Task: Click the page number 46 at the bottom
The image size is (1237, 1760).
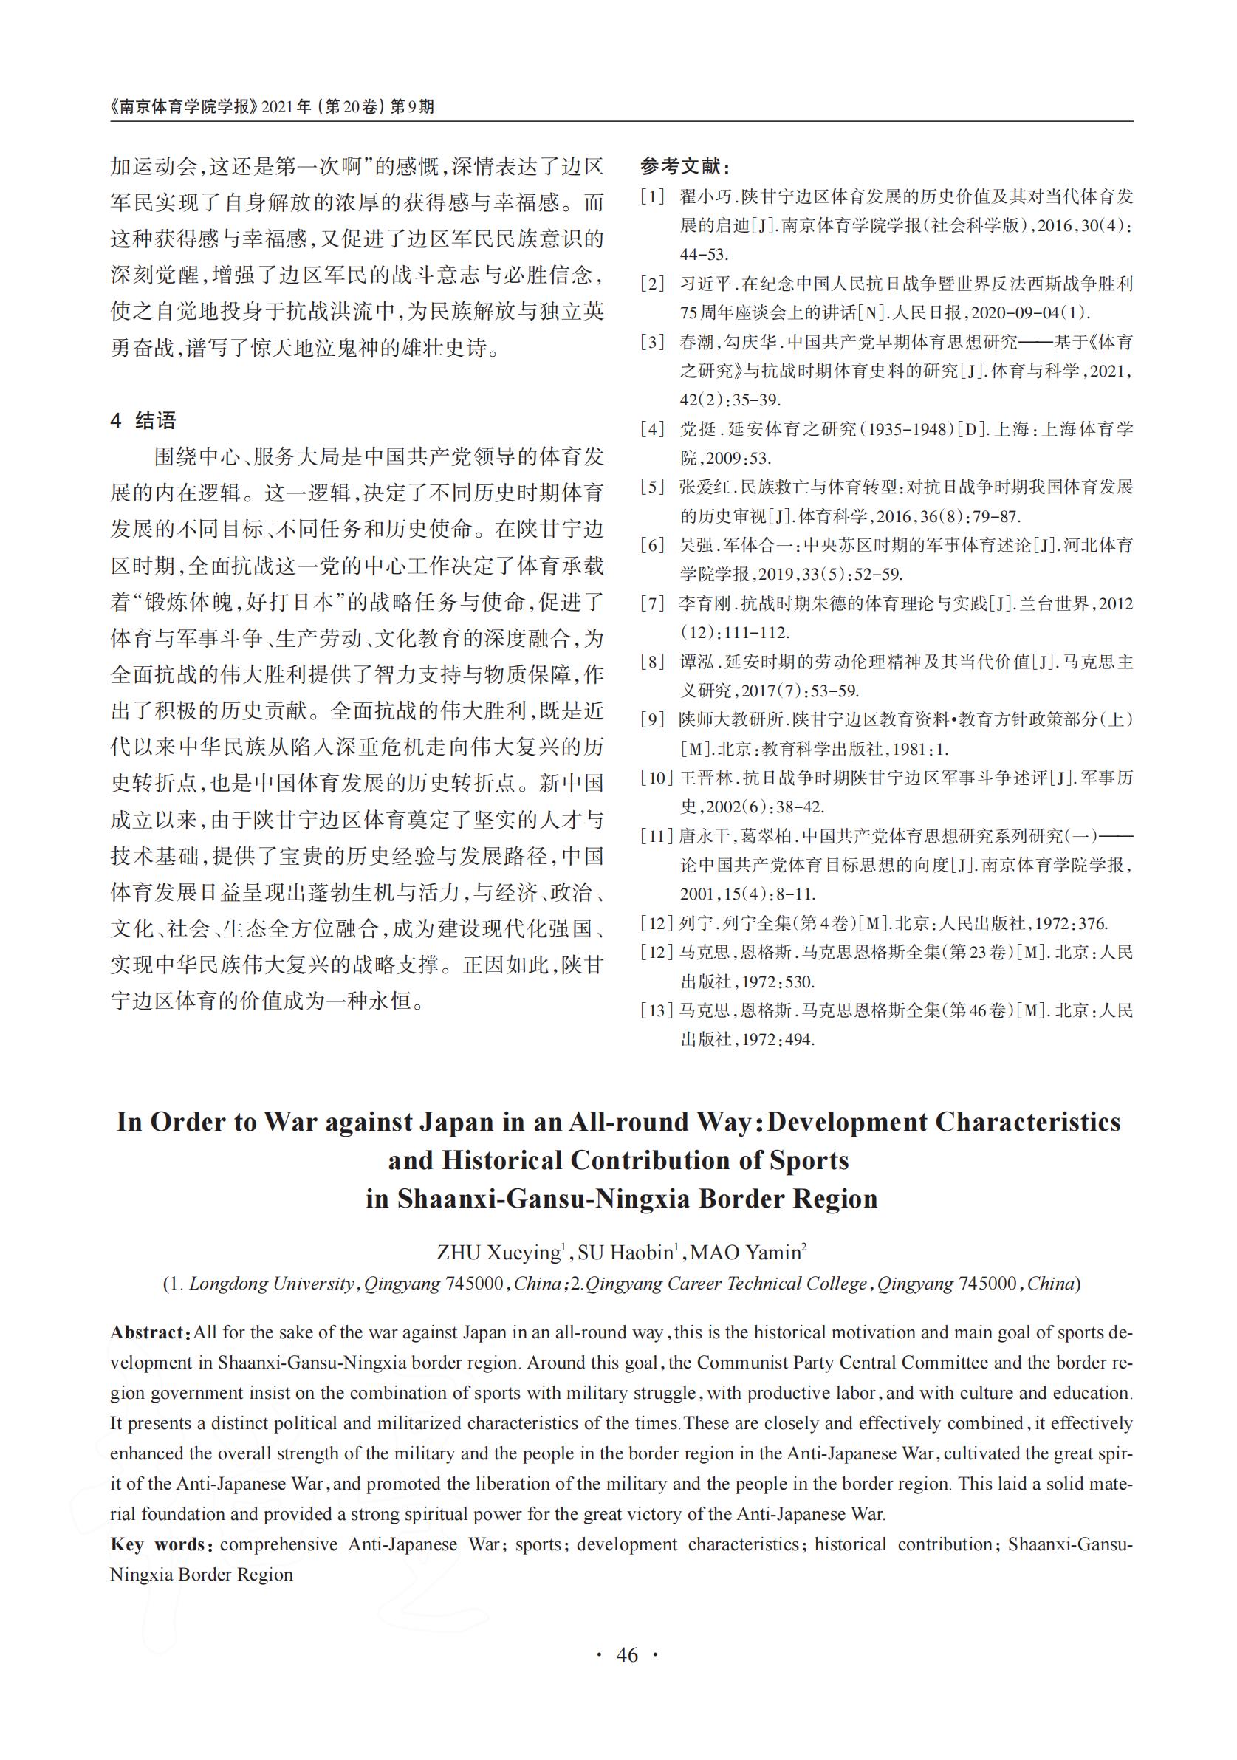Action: pos(626,1677)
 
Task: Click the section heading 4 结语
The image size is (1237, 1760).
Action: pos(143,420)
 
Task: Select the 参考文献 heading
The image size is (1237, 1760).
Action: pos(685,166)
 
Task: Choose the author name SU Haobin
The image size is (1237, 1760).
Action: pos(625,1253)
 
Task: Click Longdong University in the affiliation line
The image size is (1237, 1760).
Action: pos(271,1284)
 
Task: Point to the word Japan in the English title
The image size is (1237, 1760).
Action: pos(456,1122)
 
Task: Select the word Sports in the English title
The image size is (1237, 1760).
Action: pos(809,1160)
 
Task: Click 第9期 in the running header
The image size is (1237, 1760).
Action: pos(412,106)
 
